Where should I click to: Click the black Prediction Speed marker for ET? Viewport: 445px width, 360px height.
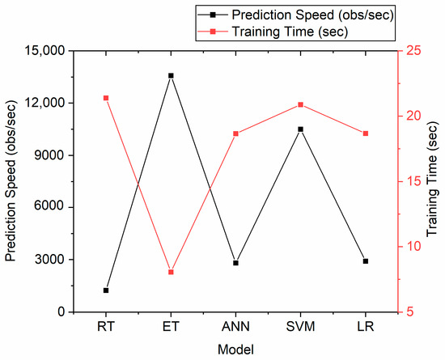tap(171, 76)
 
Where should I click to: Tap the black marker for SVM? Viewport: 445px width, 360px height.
tap(300, 129)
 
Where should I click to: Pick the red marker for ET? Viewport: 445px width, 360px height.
tap(171, 272)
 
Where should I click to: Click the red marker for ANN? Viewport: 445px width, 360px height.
tap(235, 133)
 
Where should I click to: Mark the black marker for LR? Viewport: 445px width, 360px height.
tap(365, 261)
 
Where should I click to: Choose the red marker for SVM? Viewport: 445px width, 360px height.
tap(300, 104)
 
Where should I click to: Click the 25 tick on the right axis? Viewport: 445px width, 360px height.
tap(413, 51)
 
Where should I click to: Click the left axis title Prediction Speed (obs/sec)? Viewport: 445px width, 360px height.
tap(11, 181)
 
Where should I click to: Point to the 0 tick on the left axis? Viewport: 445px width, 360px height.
tap(62, 312)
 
